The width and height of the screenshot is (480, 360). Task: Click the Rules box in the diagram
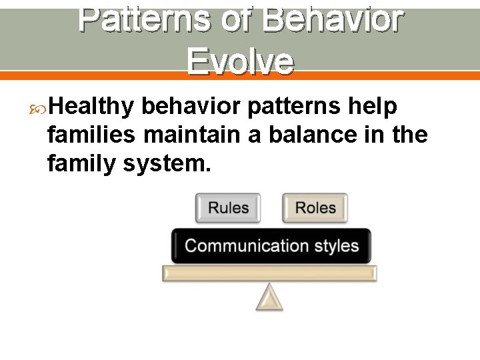(x=228, y=208)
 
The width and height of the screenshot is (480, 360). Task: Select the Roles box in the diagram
(x=315, y=208)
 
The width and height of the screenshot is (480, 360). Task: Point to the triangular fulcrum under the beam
(x=269, y=298)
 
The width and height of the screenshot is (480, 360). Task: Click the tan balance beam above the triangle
(x=269, y=273)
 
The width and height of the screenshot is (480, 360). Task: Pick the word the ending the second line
(x=410, y=134)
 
